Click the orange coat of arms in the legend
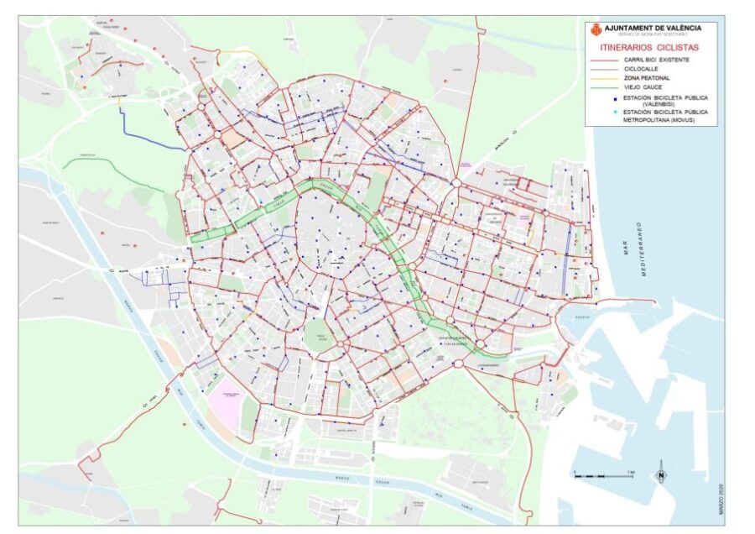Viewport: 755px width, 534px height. (596, 29)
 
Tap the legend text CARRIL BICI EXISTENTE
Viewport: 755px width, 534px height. (657, 60)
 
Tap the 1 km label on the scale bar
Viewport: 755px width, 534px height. (628, 473)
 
